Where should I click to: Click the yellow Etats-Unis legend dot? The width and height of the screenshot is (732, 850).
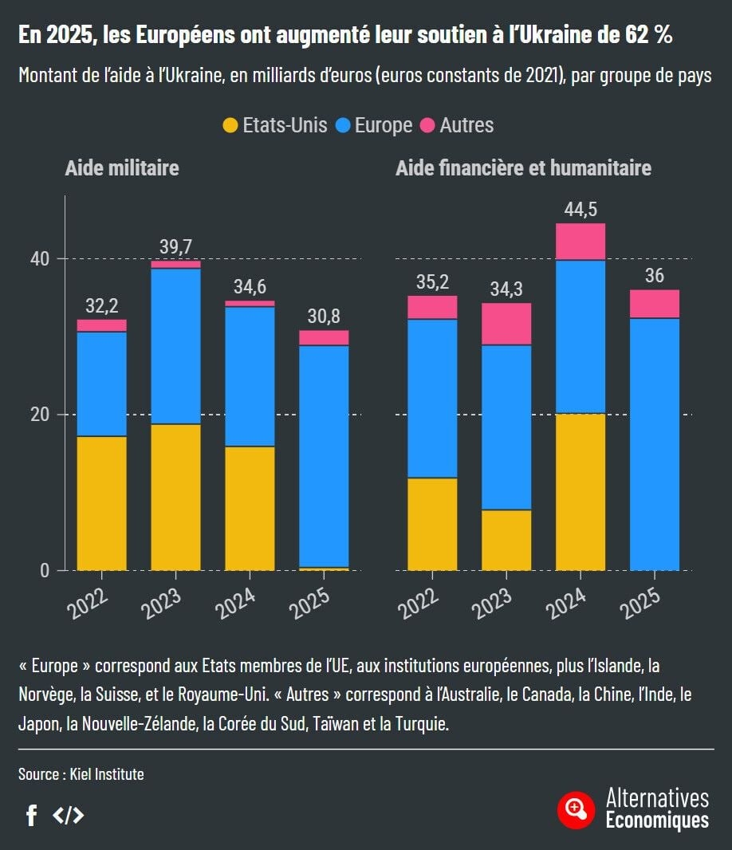(x=230, y=126)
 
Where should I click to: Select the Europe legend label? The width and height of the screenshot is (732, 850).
(x=384, y=126)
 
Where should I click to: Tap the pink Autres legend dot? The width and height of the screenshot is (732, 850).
(x=427, y=126)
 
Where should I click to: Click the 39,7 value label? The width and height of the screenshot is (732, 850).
(x=175, y=248)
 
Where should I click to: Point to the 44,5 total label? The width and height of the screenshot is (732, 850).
(x=580, y=210)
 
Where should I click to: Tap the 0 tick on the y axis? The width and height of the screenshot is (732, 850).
(x=45, y=570)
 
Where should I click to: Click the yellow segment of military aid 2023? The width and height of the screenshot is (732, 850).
(x=175, y=497)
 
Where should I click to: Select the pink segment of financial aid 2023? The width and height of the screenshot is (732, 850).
(x=506, y=324)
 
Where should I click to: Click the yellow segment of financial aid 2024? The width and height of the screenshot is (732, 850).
(x=580, y=492)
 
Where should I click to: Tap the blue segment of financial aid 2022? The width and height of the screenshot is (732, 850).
(x=432, y=398)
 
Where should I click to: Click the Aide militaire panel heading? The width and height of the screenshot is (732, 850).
(x=122, y=168)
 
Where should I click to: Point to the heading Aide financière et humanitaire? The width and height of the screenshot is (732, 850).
(x=523, y=168)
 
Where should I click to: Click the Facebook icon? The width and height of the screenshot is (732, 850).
(x=32, y=815)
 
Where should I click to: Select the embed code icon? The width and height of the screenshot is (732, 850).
(x=68, y=815)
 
